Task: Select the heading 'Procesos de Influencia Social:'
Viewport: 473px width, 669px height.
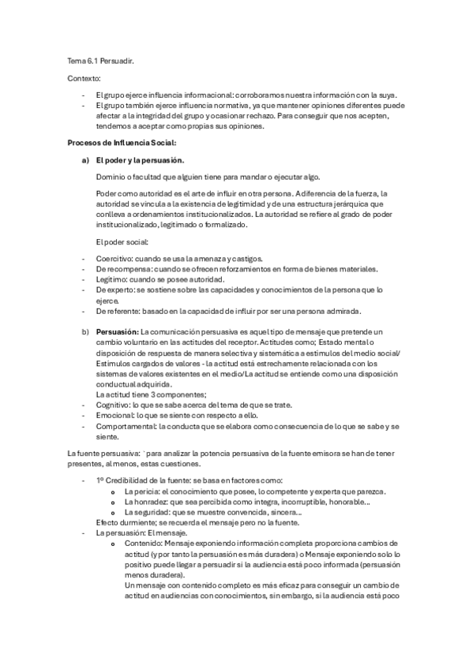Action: coord(122,142)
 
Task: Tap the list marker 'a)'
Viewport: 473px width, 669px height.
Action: coord(84,159)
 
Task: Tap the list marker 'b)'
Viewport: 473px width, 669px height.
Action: coord(84,332)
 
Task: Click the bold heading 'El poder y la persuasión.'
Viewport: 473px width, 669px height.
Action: coord(139,159)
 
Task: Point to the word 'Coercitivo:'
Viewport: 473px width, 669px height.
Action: coord(114,259)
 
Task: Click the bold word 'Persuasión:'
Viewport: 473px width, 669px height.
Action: coord(117,332)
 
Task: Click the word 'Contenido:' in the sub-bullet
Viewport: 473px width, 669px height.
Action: coord(145,544)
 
